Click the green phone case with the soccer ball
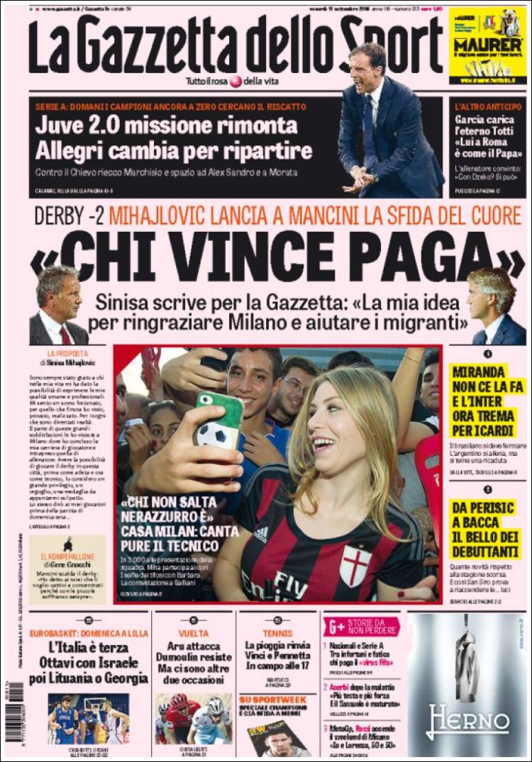(x=220, y=418)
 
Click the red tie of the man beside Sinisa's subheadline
(x=65, y=334)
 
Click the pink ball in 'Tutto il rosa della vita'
(x=235, y=81)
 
